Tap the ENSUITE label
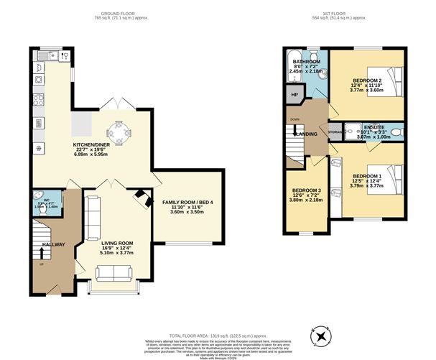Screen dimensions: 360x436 point(374,126)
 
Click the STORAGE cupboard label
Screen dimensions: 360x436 point(335,132)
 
